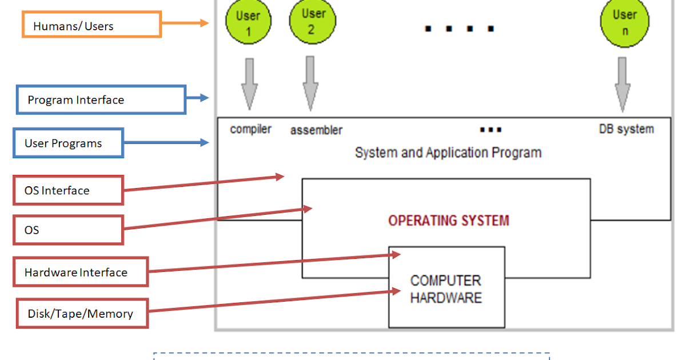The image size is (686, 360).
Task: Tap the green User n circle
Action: tap(624, 23)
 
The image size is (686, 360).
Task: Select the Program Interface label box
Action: tap(101, 100)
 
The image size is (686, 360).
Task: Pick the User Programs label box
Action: tap(68, 143)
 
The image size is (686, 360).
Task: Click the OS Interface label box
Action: tap(68, 190)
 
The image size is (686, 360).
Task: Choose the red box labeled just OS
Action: tap(68, 230)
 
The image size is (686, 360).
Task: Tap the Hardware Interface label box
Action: tap(81, 272)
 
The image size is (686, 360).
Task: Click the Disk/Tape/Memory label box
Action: tap(82, 313)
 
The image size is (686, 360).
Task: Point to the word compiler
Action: tap(250, 129)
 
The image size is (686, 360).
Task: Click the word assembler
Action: tap(316, 130)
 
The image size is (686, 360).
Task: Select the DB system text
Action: tap(626, 129)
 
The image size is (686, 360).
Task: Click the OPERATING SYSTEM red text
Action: tap(448, 221)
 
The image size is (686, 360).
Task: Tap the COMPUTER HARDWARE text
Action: tap(446, 289)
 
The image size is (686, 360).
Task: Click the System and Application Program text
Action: tap(448, 153)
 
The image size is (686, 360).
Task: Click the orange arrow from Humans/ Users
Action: tap(184, 23)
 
